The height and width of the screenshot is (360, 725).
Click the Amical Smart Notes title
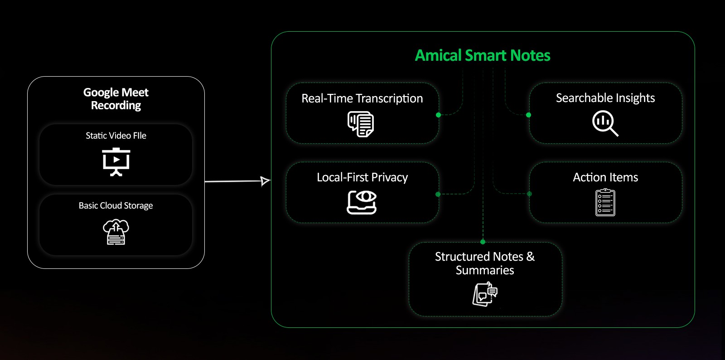pyautogui.click(x=483, y=56)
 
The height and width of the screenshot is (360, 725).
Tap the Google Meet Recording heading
pyautogui.click(x=116, y=99)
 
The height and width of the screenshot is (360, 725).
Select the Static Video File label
pyautogui.click(x=116, y=136)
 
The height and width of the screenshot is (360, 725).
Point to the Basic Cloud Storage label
pyautogui.click(x=116, y=205)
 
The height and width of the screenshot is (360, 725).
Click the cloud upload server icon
pyautogui.click(x=116, y=232)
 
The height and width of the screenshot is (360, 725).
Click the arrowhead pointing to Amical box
pyautogui.click(x=266, y=181)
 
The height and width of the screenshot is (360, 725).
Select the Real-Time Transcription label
pyautogui.click(x=362, y=98)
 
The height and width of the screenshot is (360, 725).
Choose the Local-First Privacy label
pyautogui.click(x=362, y=177)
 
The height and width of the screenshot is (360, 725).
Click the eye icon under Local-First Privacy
pyautogui.click(x=362, y=202)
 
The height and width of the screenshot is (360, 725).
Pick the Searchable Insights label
pyautogui.click(x=605, y=98)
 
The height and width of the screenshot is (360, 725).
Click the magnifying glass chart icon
pyautogui.click(x=605, y=123)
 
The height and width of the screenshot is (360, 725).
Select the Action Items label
pyautogui.click(x=605, y=177)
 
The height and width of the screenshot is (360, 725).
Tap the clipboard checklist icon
pyautogui.click(x=605, y=202)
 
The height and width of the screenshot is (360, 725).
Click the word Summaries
pyautogui.click(x=485, y=270)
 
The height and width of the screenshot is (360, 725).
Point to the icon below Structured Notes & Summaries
pyautogui.click(x=485, y=294)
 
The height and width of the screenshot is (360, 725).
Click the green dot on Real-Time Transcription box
pyautogui.click(x=438, y=115)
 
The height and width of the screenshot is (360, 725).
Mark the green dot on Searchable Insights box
pyautogui.click(x=528, y=115)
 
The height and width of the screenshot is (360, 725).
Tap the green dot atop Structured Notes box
pyautogui.click(x=483, y=242)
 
